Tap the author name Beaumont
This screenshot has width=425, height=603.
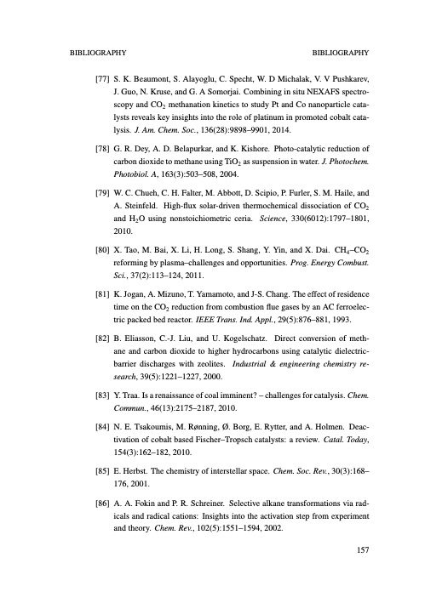pos(143,76)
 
